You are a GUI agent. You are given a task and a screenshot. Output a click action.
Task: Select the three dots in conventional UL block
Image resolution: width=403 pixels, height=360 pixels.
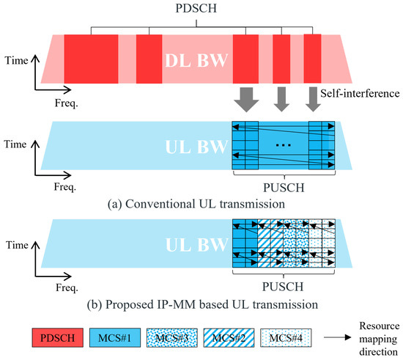click(x=282, y=146)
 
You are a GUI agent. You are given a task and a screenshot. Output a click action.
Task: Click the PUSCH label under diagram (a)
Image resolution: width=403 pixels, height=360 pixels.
click(x=282, y=185)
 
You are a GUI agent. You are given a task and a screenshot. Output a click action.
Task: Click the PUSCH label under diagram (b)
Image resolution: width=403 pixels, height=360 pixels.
click(x=282, y=282)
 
